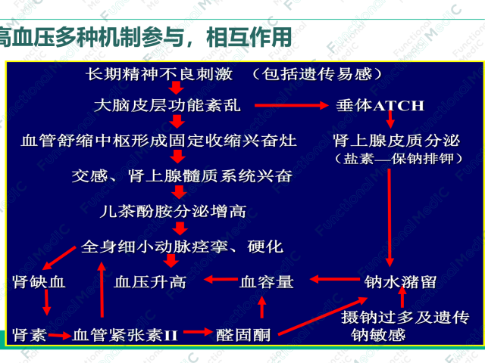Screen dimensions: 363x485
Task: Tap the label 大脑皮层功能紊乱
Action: (x=167, y=105)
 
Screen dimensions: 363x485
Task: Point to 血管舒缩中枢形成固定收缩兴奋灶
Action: (x=159, y=141)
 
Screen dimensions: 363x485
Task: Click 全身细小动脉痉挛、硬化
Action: (x=182, y=247)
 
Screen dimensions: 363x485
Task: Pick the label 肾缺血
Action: (x=39, y=281)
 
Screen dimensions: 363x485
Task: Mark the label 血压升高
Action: (x=149, y=281)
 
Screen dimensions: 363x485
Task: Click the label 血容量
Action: (x=266, y=281)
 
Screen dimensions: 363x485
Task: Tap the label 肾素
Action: (x=30, y=333)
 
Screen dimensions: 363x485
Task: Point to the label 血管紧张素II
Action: (x=124, y=333)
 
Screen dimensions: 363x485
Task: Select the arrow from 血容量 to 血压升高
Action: (x=215, y=281)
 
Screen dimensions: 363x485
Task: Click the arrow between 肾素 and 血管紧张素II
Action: (x=60, y=333)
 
